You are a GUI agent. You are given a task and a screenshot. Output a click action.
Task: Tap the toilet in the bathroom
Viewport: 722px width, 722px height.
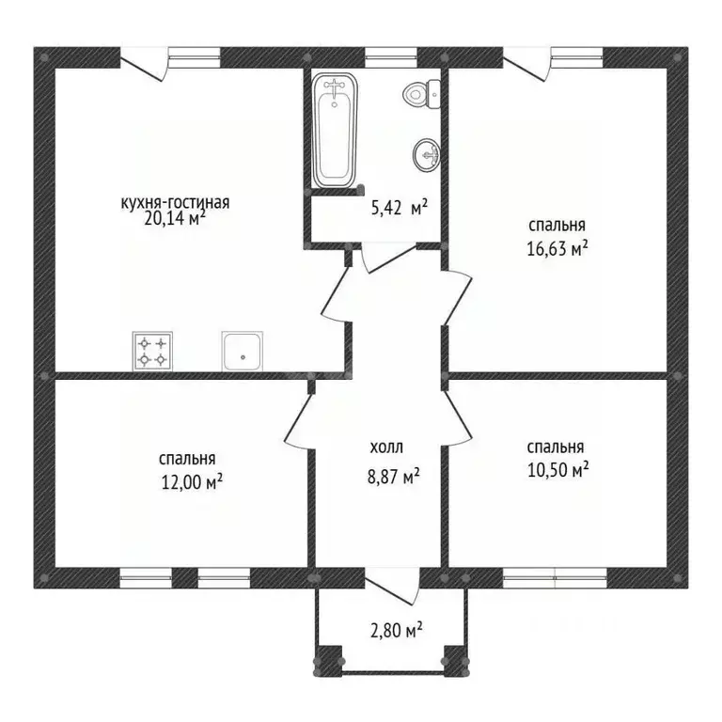[x=422, y=94]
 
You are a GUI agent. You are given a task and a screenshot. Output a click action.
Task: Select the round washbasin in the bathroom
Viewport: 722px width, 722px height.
[x=427, y=156]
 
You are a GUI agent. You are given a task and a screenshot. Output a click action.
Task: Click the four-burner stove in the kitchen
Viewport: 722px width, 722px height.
[x=153, y=351]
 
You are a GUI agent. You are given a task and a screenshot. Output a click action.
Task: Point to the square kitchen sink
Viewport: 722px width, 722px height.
[x=243, y=351]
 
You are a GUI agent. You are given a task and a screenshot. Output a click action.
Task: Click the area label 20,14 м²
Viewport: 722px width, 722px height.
[x=175, y=218]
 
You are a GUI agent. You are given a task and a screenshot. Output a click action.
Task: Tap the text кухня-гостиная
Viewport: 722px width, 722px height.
[x=175, y=203]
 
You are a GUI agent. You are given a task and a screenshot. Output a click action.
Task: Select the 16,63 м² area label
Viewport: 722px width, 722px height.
[x=557, y=249]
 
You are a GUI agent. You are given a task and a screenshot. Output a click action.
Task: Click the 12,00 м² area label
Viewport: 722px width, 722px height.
[x=193, y=482]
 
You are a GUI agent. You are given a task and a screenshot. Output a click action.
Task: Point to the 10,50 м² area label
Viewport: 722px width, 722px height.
[x=558, y=471]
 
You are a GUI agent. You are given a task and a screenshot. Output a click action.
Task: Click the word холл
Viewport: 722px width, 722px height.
[x=386, y=447]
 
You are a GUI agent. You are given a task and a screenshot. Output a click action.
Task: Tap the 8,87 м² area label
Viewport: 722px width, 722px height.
[x=394, y=477]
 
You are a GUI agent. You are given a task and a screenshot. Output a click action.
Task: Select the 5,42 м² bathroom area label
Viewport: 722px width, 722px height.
[x=400, y=209]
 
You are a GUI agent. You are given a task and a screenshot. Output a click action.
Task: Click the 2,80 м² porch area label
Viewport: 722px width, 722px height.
[x=397, y=630]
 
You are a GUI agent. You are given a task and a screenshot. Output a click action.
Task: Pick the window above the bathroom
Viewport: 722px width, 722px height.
[x=391, y=57]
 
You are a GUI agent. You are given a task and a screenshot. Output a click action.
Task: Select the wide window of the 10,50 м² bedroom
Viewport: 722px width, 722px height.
[x=555, y=578]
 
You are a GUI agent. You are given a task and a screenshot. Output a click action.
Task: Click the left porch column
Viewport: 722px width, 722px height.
[x=328, y=661]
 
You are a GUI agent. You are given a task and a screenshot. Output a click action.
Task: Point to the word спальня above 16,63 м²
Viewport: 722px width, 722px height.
[x=557, y=226]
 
